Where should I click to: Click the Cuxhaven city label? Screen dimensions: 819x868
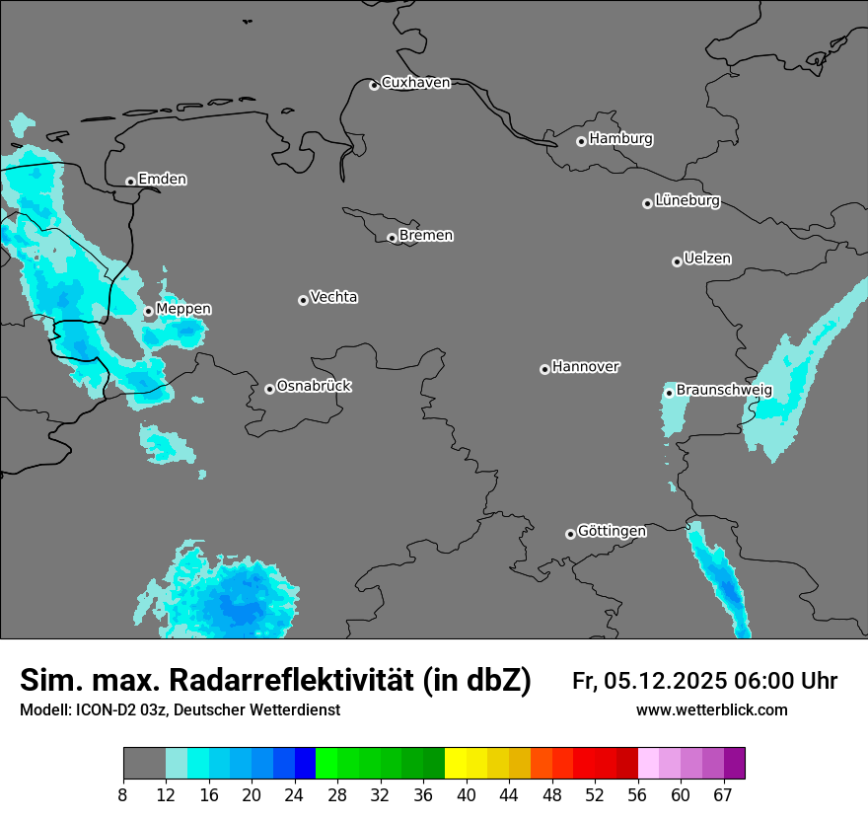click(415, 83)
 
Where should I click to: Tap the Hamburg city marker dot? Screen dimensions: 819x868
click(581, 141)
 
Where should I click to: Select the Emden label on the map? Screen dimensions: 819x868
click(162, 180)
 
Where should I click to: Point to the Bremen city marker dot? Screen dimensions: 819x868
click(392, 238)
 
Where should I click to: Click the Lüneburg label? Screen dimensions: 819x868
click(687, 201)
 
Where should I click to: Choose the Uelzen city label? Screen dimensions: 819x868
click(707, 260)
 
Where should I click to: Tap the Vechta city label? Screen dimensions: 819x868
click(333, 298)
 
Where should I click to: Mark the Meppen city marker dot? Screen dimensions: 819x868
click(148, 311)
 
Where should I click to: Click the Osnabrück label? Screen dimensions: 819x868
click(314, 387)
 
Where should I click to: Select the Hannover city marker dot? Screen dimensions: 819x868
click(544, 369)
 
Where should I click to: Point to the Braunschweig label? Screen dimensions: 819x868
click(724, 391)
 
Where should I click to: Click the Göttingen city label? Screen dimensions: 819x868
click(612, 532)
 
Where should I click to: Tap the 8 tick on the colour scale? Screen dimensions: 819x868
click(123, 794)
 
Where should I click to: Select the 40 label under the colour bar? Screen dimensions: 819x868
click(467, 794)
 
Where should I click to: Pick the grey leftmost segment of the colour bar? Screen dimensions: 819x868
click(144, 764)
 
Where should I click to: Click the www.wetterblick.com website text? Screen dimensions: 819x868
click(711, 710)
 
